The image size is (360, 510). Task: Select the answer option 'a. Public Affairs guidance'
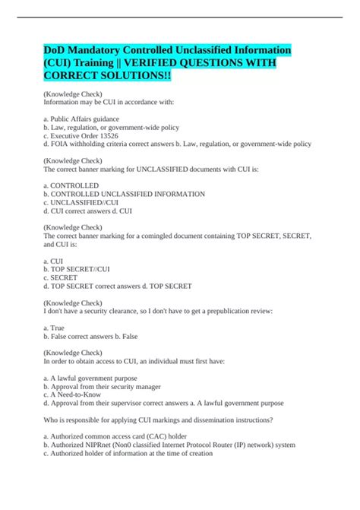(x=87, y=119)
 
